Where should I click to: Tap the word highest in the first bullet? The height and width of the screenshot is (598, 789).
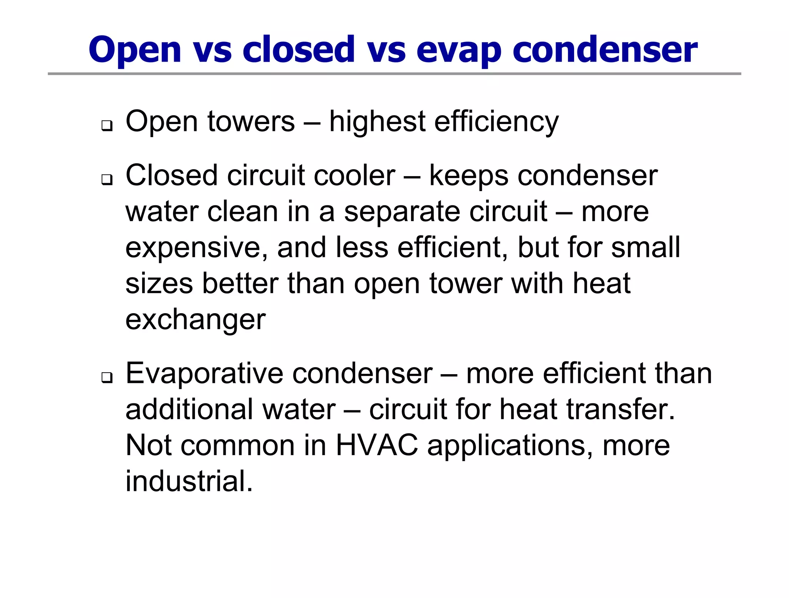coord(377,121)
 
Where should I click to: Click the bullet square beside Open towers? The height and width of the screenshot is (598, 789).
coord(107,126)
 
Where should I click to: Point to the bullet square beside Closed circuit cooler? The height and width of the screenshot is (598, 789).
coord(107,180)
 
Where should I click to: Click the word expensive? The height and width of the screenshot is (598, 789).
coord(196,248)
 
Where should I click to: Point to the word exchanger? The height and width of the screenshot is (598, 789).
coord(195,320)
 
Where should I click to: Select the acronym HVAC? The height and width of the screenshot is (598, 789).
coord(377,445)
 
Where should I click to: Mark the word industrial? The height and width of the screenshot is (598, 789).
coord(189,481)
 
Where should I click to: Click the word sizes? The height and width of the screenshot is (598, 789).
coord(159,284)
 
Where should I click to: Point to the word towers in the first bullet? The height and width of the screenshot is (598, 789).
coord(251,121)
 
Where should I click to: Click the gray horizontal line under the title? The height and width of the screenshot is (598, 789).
coord(394,74)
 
